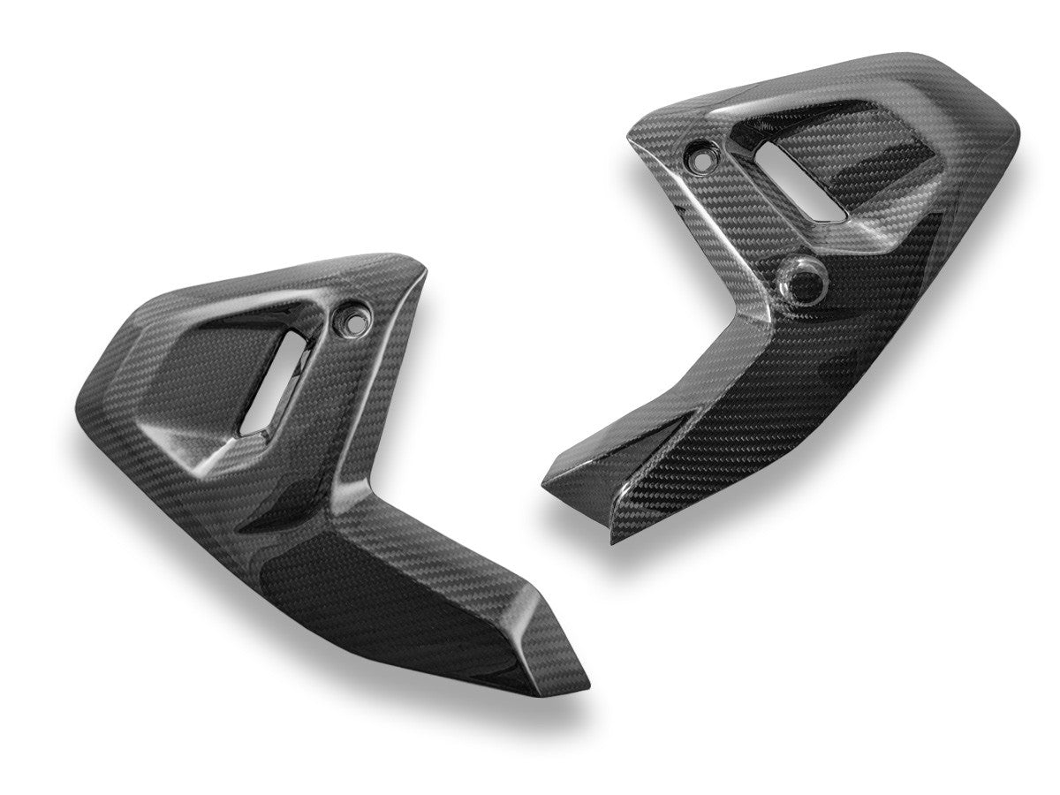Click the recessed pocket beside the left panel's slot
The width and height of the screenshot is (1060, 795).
212,371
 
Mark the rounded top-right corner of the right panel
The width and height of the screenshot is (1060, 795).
1007,132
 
